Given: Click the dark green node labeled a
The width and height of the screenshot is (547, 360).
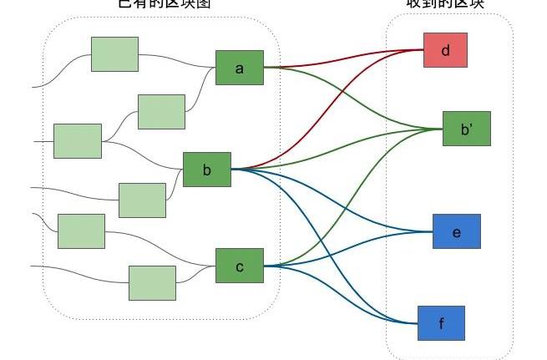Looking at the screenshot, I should [x=240, y=68].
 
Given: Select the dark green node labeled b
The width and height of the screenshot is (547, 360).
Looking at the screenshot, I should [x=206, y=170].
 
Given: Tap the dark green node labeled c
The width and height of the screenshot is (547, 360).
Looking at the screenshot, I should [x=239, y=266].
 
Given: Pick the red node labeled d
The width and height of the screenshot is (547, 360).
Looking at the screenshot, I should [x=445, y=50].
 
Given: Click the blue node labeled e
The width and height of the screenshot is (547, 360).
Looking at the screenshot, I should [x=456, y=231].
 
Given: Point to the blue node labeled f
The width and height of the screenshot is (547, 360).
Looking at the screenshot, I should [x=441, y=322].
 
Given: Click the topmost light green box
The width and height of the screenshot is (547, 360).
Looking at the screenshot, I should [x=114, y=53].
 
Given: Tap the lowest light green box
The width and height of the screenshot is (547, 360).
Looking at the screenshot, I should [x=152, y=282].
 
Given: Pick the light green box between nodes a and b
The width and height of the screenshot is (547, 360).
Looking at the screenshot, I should [x=161, y=111].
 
